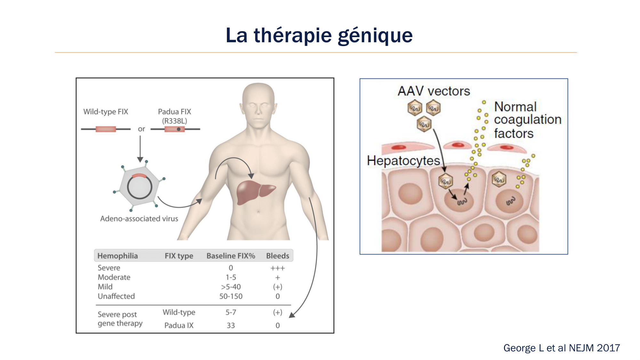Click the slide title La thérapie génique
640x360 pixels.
[319, 35]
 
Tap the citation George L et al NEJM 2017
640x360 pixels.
[561, 348]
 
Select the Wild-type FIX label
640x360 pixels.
[106, 112]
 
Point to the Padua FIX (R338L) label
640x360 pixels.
[174, 116]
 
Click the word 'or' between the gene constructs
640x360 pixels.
[141, 129]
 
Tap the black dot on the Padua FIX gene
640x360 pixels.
[179, 129]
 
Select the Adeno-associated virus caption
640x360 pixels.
[139, 219]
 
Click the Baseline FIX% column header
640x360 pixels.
[231, 256]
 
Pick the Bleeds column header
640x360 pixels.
[277, 256]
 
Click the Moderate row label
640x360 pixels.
[114, 277]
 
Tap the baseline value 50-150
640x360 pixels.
[231, 296]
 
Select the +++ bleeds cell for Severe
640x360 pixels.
[277, 268]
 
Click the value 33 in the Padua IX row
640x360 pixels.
[231, 325]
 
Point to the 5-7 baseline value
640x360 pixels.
[231, 312]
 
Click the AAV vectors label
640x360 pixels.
[434, 91]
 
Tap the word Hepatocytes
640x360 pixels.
[403, 161]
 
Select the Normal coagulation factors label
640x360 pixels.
[527, 120]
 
